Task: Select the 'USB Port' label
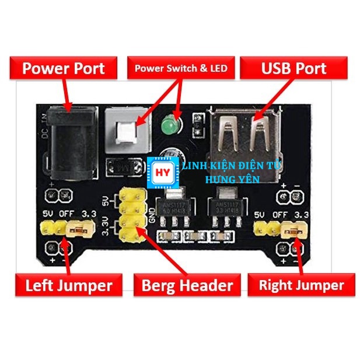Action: (x=293, y=69)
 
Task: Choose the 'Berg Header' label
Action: (x=187, y=285)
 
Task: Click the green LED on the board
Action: (x=170, y=125)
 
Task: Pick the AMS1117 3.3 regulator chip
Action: (x=227, y=207)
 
